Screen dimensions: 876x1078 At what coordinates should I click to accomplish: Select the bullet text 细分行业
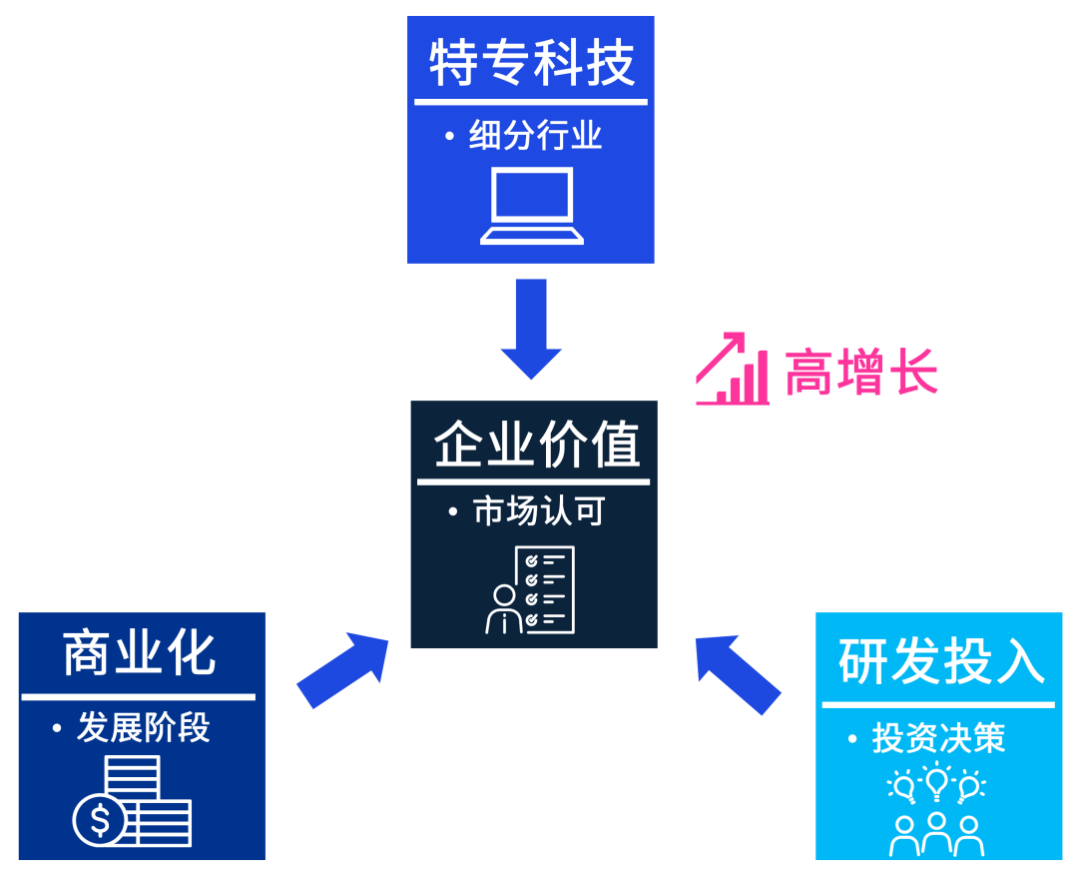(535, 135)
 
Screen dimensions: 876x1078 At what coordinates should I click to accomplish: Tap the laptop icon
(531, 207)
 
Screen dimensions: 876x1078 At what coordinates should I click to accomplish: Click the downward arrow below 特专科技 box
(531, 328)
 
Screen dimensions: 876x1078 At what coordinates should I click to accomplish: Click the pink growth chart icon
(733, 370)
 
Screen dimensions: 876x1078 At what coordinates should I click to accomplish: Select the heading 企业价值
(536, 444)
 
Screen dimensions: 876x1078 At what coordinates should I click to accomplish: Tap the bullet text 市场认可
(539, 512)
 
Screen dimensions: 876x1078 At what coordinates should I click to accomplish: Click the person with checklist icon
(530, 590)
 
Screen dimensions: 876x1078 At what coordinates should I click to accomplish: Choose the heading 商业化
(139, 654)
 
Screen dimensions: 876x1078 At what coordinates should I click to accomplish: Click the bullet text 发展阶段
(144, 728)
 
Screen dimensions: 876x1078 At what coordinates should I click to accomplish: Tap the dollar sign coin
(100, 821)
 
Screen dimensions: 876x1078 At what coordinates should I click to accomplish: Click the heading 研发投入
(940, 662)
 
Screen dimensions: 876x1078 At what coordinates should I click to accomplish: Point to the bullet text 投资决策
(938, 739)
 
